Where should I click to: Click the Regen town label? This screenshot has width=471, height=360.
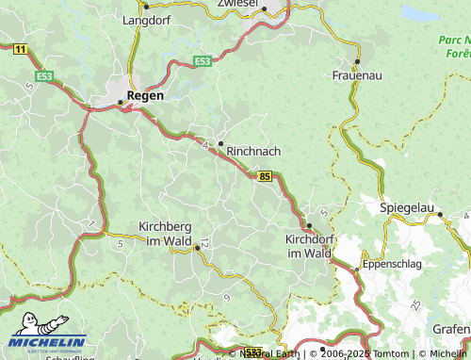145,96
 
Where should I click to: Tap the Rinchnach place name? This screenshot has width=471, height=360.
253,150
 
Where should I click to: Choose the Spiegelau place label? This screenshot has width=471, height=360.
407,206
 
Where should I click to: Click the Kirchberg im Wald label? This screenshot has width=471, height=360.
165,234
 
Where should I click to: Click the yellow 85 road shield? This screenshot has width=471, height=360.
265,175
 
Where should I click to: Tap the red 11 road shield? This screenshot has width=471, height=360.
21,47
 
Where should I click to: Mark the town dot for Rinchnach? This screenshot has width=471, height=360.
220,143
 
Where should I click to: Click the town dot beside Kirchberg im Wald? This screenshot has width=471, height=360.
197,248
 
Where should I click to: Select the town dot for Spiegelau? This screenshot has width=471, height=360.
440,215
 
